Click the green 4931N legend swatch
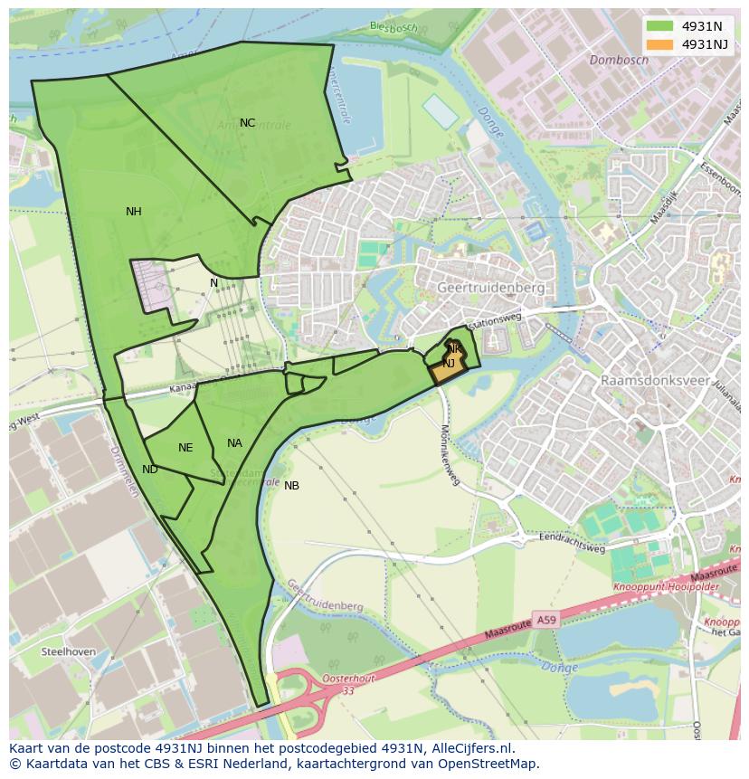(660, 26)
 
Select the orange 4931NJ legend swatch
(660, 44)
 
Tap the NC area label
(247, 123)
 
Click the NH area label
(133, 212)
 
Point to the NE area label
(185, 448)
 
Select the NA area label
(234, 443)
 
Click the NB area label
(291, 486)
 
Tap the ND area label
(150, 470)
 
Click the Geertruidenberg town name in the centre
(491, 287)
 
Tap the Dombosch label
(619, 61)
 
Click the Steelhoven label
(68, 651)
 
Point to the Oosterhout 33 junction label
(348, 684)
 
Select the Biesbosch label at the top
(393, 27)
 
